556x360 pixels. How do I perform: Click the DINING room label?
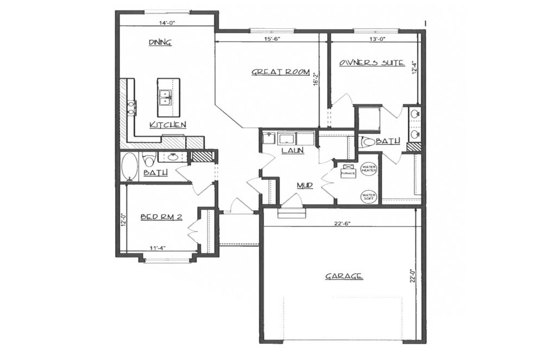click(160, 42)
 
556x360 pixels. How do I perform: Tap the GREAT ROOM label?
click(280, 72)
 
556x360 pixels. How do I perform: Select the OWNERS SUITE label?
click(372, 62)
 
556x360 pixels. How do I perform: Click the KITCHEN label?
click(168, 125)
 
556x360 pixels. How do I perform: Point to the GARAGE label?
click(344, 276)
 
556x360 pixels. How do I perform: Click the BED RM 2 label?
click(161, 217)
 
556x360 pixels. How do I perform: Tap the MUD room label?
click(305, 186)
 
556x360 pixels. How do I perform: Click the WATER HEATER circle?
click(369, 168)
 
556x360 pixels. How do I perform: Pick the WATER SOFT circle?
click(369, 196)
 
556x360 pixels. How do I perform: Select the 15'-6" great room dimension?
click(271, 39)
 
